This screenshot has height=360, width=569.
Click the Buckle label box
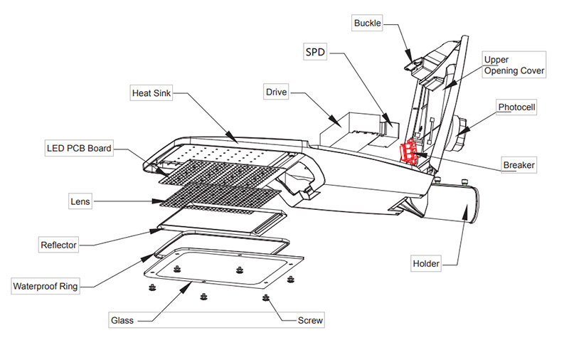[x=368, y=23]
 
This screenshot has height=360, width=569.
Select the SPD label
[x=314, y=53]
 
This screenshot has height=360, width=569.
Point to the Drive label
[x=276, y=92]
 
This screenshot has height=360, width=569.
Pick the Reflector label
[x=58, y=245]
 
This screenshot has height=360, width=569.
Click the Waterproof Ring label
[x=45, y=287]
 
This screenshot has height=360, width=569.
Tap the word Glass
[x=122, y=320]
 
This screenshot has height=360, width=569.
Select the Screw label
[x=310, y=320]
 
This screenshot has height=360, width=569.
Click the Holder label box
[x=426, y=264]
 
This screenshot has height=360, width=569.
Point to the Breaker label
[x=519, y=165]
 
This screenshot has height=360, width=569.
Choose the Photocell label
[x=516, y=107]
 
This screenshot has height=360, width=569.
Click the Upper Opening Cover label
[x=514, y=65]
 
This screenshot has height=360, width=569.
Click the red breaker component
[x=410, y=151]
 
